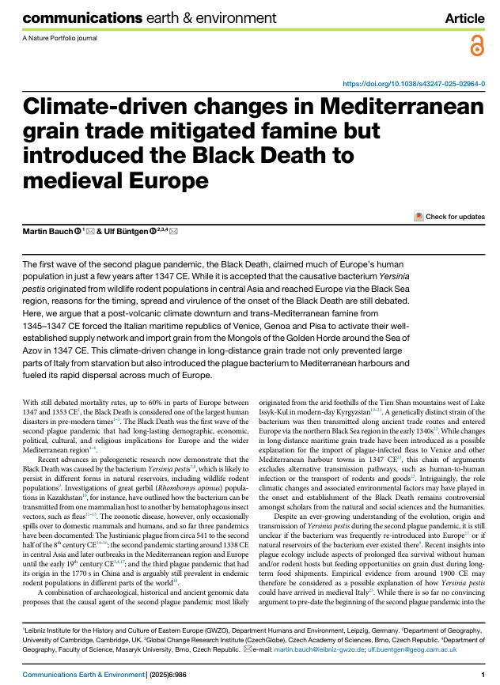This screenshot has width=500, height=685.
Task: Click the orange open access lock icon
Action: pyautogui.click(x=475, y=47)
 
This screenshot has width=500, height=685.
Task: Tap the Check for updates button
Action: pyautogui.click(x=449, y=216)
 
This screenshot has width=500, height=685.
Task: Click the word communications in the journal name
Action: pyautogui.click(x=64, y=17)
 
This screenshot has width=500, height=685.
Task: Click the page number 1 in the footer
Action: pyautogui.click(x=482, y=674)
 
